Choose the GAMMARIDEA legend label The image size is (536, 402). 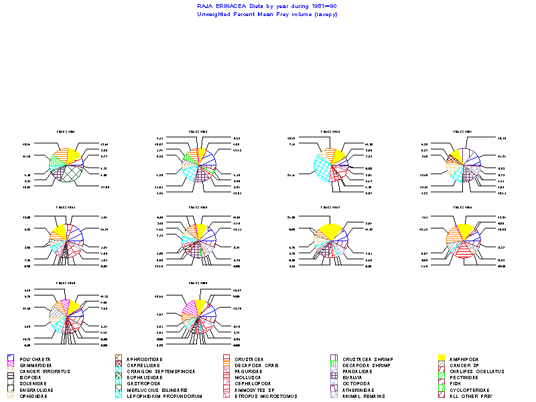[x=38, y=366]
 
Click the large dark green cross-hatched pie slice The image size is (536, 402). [x=74, y=174]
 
